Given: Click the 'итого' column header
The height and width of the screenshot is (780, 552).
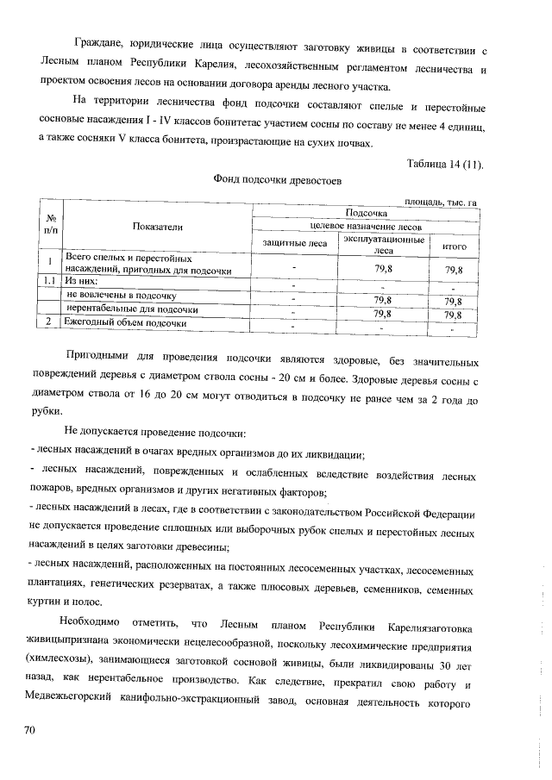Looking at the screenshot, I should coord(454,246).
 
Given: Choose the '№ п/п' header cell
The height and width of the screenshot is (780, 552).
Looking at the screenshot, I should coord(51,225).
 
